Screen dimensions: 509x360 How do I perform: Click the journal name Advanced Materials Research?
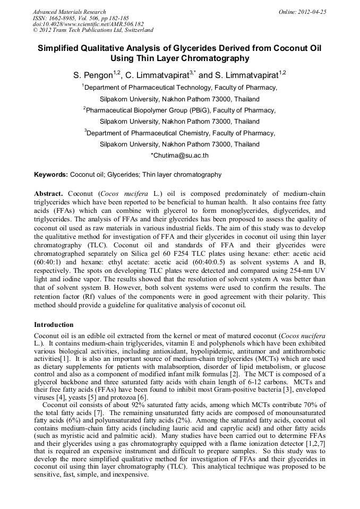[x=69, y=12]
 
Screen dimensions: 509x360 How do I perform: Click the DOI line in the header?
[x=88, y=24]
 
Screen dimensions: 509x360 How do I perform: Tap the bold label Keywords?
[x=51, y=175]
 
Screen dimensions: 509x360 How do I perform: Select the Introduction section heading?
[x=54, y=324]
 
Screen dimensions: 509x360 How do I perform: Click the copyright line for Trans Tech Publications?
[x=93, y=30]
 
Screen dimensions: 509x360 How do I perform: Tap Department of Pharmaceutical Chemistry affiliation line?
[x=180, y=133]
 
